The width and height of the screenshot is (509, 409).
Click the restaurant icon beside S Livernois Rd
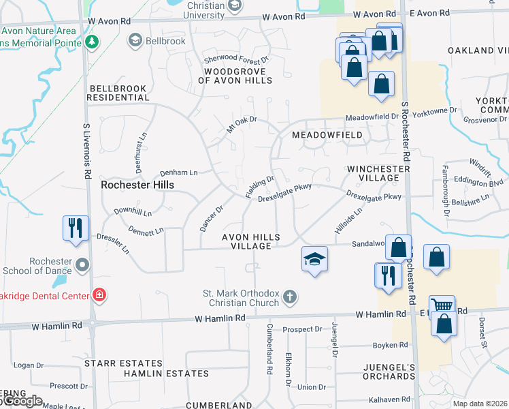(x=75, y=228)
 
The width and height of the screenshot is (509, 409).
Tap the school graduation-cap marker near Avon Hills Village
(x=314, y=258)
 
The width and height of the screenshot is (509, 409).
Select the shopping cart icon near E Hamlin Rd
(x=442, y=307)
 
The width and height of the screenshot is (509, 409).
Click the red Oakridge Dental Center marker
(x=99, y=295)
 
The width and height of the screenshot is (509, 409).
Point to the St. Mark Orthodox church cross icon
(x=290, y=297)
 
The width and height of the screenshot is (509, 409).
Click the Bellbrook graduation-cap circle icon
(x=135, y=41)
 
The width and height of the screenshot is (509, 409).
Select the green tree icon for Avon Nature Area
(x=91, y=41)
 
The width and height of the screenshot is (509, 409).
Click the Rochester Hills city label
(x=137, y=185)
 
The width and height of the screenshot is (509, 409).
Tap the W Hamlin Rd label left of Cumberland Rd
(x=220, y=318)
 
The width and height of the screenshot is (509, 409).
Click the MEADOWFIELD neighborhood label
(x=327, y=135)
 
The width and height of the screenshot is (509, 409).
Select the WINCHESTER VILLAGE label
(x=373, y=173)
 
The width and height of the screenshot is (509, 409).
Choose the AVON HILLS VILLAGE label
(x=251, y=241)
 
